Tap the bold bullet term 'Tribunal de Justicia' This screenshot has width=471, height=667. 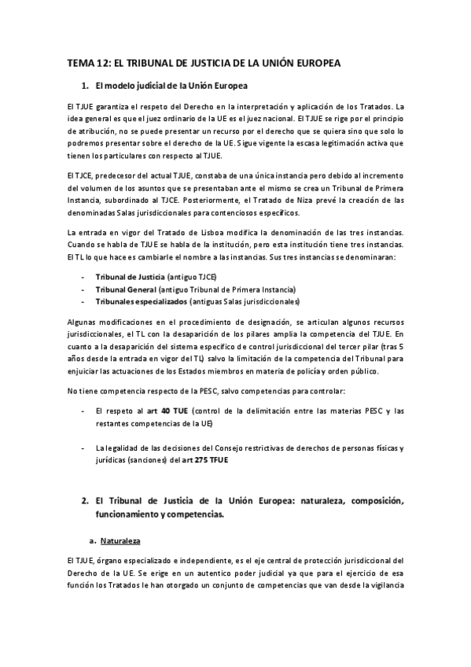pos(130,278)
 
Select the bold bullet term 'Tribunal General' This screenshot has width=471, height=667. pos(125,289)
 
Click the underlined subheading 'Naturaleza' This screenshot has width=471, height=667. pos(123,541)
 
